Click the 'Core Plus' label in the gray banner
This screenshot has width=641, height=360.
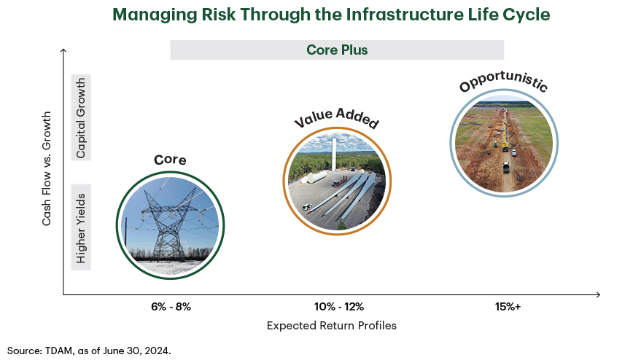pyautogui.click(x=337, y=50)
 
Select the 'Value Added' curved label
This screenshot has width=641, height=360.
pyautogui.click(x=336, y=117)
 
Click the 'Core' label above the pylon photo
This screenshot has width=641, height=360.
pyautogui.click(x=170, y=160)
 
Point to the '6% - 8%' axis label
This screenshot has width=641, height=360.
pyautogui.click(x=171, y=307)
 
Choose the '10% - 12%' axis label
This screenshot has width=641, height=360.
pyautogui.click(x=339, y=307)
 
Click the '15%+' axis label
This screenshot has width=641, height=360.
pyautogui.click(x=508, y=307)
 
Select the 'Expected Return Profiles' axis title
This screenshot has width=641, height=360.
pyautogui.click(x=332, y=326)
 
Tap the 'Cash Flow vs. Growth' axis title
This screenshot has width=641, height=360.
pyautogui.click(x=46, y=168)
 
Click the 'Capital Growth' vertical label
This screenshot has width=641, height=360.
pyautogui.click(x=81, y=117)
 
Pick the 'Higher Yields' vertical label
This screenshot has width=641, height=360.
pyautogui.click(x=81, y=227)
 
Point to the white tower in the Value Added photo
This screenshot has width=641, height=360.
pyautogui.click(x=333, y=154)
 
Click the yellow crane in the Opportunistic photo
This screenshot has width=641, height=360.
pyautogui.click(x=505, y=137)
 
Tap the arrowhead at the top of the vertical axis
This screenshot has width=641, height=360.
pyautogui.click(x=63, y=51)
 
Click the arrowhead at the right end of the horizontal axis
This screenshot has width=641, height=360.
pyautogui.click(x=598, y=294)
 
